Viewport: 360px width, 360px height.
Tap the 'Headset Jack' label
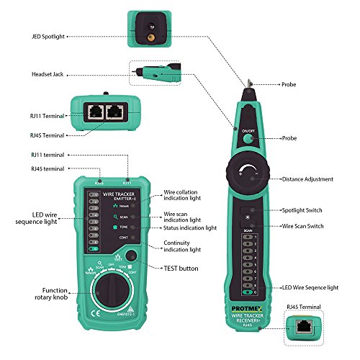coord(50,73)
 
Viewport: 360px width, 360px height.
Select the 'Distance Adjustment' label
coord(307,179)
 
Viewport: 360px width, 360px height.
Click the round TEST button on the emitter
coord(131,255)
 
